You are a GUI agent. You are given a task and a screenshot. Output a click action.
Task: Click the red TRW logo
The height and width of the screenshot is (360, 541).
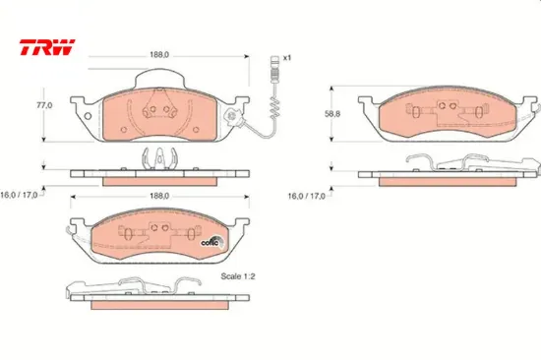pyautogui.click(x=47, y=47)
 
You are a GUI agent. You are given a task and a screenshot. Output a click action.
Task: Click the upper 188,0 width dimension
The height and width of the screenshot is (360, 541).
pyautogui.click(x=159, y=55)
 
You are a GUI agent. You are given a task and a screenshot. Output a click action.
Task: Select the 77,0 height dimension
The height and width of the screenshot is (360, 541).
pyautogui.click(x=44, y=105)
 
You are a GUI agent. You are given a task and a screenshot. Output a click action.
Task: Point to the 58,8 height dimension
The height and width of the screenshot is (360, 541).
pyautogui.click(x=332, y=114)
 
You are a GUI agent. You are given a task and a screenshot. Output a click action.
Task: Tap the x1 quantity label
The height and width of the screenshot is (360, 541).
pyautogui.click(x=287, y=58)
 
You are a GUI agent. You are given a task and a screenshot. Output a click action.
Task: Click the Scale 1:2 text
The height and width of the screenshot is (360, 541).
pyautogui.click(x=238, y=276)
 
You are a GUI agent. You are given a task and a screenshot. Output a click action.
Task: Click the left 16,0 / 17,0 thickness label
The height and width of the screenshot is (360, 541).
pyautogui.click(x=19, y=195)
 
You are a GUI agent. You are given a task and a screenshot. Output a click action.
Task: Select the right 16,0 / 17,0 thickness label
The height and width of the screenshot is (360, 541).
pyautogui.click(x=306, y=196)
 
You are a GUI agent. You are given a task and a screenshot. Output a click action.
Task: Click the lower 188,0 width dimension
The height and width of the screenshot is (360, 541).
pyautogui.click(x=159, y=196)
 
